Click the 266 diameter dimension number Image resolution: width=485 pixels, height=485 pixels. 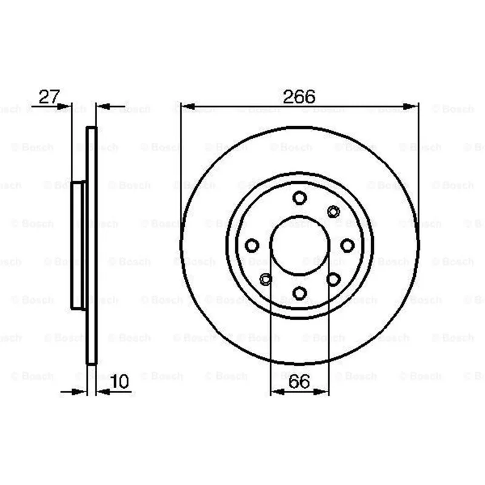(x=299, y=96)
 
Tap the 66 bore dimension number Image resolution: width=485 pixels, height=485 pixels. (x=299, y=381)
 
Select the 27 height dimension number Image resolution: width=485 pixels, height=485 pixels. (x=49, y=96)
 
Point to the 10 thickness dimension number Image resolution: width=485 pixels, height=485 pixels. (x=119, y=381)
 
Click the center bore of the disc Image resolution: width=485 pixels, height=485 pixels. (x=299, y=246)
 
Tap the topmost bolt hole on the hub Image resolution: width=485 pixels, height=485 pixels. (x=299, y=198)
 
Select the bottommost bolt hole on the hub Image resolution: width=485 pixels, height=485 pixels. (x=299, y=293)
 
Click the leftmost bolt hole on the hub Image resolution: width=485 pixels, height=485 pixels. (x=252, y=246)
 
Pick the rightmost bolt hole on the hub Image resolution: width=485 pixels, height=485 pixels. (x=347, y=246)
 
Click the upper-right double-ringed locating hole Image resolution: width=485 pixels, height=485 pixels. (x=333, y=212)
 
